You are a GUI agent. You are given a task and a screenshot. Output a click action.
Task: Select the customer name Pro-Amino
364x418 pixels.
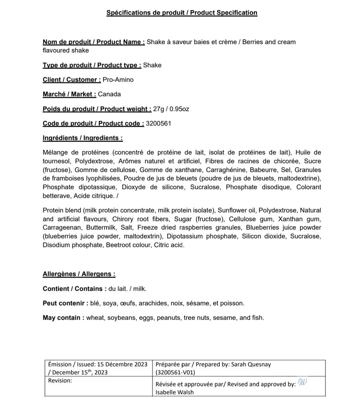point(118,80)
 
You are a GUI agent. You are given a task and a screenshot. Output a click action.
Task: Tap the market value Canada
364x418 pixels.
point(109,94)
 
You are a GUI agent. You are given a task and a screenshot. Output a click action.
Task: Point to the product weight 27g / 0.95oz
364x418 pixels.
point(171,109)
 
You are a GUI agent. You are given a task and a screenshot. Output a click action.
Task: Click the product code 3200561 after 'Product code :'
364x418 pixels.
point(158,123)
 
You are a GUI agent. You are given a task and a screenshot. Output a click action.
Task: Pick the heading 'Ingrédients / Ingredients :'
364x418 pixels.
point(83,138)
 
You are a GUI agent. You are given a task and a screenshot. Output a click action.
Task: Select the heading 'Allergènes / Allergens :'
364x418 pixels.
point(79,274)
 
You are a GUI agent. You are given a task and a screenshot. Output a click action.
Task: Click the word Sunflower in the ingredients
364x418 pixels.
point(231,210)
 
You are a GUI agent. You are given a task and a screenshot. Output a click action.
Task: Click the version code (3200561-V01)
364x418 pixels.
point(175,372)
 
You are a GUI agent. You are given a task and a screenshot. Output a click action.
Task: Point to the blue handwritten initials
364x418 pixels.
point(302,382)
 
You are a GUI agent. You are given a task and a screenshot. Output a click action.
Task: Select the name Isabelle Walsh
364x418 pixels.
point(175,392)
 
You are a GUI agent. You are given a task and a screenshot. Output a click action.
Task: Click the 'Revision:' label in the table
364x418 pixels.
point(60,380)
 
